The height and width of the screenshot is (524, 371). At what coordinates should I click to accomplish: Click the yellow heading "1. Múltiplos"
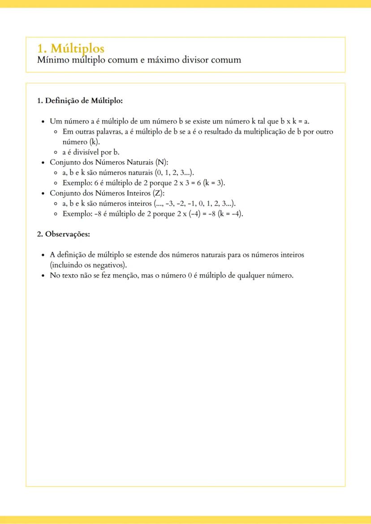tap(70, 48)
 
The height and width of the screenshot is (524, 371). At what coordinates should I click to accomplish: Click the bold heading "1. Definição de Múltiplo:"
tap(80, 101)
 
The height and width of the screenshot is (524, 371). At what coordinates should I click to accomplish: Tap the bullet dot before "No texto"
tap(43, 276)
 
